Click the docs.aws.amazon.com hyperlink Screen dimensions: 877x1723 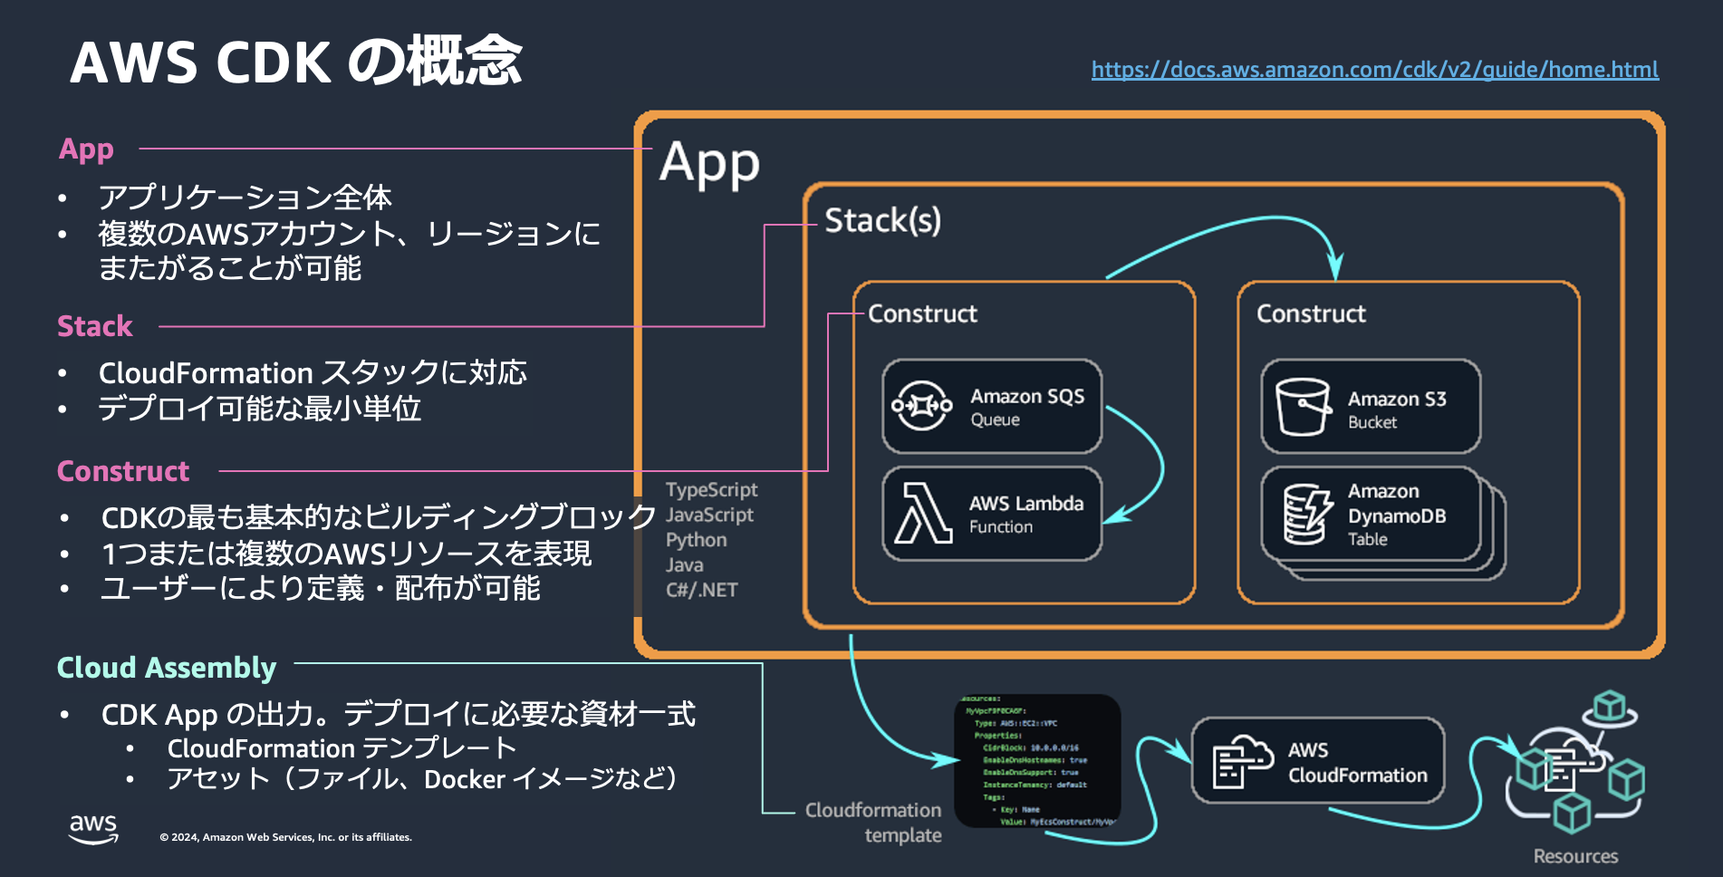[x=1374, y=70]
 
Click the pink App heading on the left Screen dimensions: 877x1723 [x=86, y=149]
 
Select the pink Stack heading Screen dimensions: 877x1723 [x=94, y=326]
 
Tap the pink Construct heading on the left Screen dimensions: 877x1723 [x=123, y=471]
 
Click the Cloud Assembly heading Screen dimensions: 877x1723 [x=166, y=668]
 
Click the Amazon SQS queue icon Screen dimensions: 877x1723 [x=921, y=406]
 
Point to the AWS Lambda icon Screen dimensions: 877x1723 [x=922, y=513]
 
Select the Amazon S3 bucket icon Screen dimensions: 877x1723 [x=1302, y=406]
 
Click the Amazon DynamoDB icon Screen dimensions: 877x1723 [x=1306, y=514]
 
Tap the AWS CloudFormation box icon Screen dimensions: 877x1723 [x=1242, y=761]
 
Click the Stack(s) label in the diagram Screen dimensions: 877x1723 [x=882, y=220]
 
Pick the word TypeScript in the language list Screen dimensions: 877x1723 [x=711, y=489]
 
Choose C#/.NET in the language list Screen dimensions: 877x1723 [x=701, y=590]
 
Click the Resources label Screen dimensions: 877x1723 [x=1575, y=856]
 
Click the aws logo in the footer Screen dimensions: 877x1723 [x=93, y=828]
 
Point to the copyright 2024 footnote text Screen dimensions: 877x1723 [x=285, y=837]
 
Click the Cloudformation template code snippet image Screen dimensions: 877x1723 [x=1037, y=761]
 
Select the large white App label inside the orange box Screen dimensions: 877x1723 [x=708, y=164]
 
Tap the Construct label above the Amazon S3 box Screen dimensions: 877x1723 [x=1310, y=313]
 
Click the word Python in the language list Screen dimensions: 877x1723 [x=696, y=540]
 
